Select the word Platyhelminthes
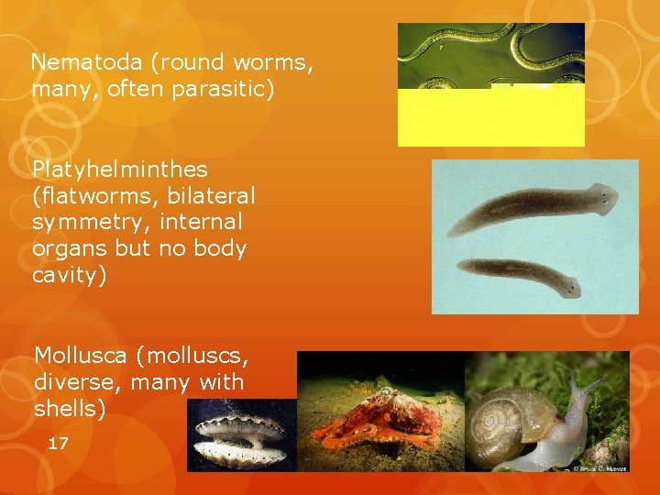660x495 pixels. (x=120, y=170)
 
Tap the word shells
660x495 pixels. (x=70, y=409)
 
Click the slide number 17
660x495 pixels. (x=58, y=444)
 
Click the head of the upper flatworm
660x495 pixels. (x=600, y=196)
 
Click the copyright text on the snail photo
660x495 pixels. (x=600, y=467)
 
